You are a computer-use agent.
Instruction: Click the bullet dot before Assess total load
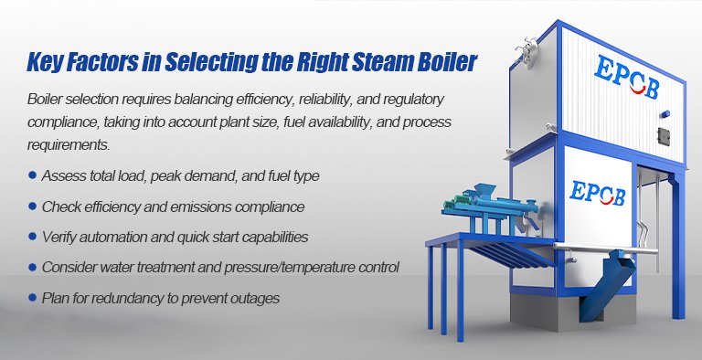point(33,174)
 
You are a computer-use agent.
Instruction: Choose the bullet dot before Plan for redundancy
point(33,298)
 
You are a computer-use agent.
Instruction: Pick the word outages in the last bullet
point(250,298)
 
